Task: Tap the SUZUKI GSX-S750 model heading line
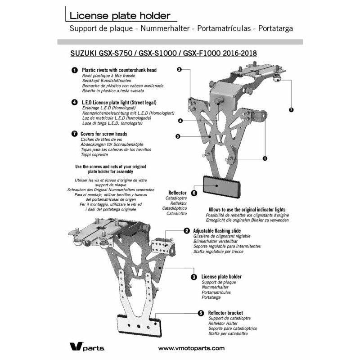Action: pos(164,53)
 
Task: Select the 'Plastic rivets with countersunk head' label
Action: pos(119,71)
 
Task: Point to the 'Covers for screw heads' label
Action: pos(103,134)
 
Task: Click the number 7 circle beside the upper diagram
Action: pos(291,109)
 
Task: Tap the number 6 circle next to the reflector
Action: pos(194,193)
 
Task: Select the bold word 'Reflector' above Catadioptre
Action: pos(177,193)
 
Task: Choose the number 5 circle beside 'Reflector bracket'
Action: pos(200,313)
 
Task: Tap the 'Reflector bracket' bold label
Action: pos(225,313)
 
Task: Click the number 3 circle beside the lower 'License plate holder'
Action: pos(193,277)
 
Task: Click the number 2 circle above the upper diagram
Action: pos(179,69)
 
